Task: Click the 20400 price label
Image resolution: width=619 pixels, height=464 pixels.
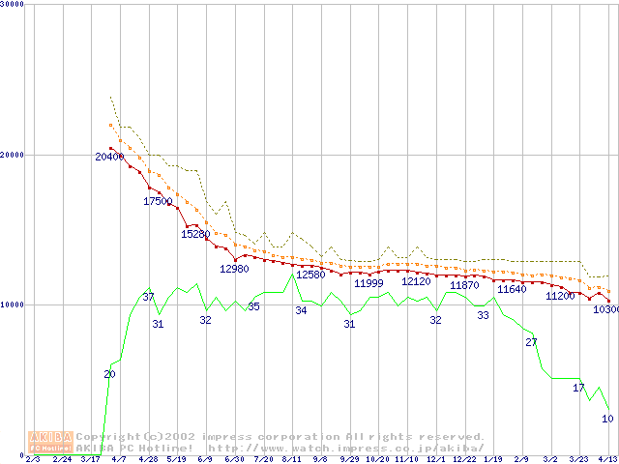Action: [x=109, y=157]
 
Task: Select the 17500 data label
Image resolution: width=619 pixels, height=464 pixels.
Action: [x=158, y=201]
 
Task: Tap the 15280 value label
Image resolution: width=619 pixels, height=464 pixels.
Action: [x=195, y=234]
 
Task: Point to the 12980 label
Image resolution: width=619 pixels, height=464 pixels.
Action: [x=234, y=269]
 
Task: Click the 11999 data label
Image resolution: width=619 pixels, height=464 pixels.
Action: [x=368, y=283]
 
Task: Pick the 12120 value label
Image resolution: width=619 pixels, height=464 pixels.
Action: [x=416, y=281]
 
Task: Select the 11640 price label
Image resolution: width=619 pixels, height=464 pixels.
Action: [x=512, y=289]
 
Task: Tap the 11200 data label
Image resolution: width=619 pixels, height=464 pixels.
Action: [x=560, y=296]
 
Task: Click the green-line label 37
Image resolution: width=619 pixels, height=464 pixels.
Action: [x=148, y=297]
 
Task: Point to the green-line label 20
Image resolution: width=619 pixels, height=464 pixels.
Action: [x=109, y=374]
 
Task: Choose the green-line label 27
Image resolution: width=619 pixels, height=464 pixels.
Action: [x=531, y=343]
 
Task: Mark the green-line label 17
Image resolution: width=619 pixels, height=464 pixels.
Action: [x=579, y=388]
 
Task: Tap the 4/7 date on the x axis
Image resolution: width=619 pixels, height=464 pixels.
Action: [x=119, y=459]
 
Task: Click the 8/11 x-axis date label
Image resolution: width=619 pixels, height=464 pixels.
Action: [x=291, y=459]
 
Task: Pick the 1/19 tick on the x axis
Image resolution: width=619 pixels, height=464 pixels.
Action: [x=492, y=459]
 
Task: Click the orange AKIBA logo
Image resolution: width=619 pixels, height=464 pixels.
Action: [x=50, y=442]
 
